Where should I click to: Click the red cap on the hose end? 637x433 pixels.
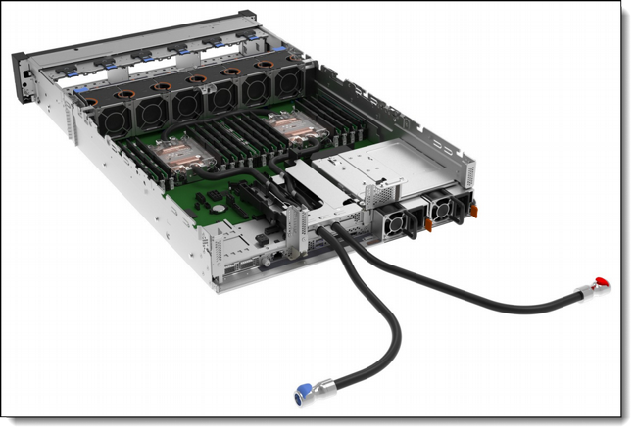pyautogui.click(x=601, y=284)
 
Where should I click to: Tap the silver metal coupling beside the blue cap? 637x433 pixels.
pyautogui.click(x=320, y=389)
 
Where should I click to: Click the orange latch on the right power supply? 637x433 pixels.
pyautogui.click(x=473, y=209)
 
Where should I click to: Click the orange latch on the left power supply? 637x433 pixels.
pyautogui.click(x=428, y=224)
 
